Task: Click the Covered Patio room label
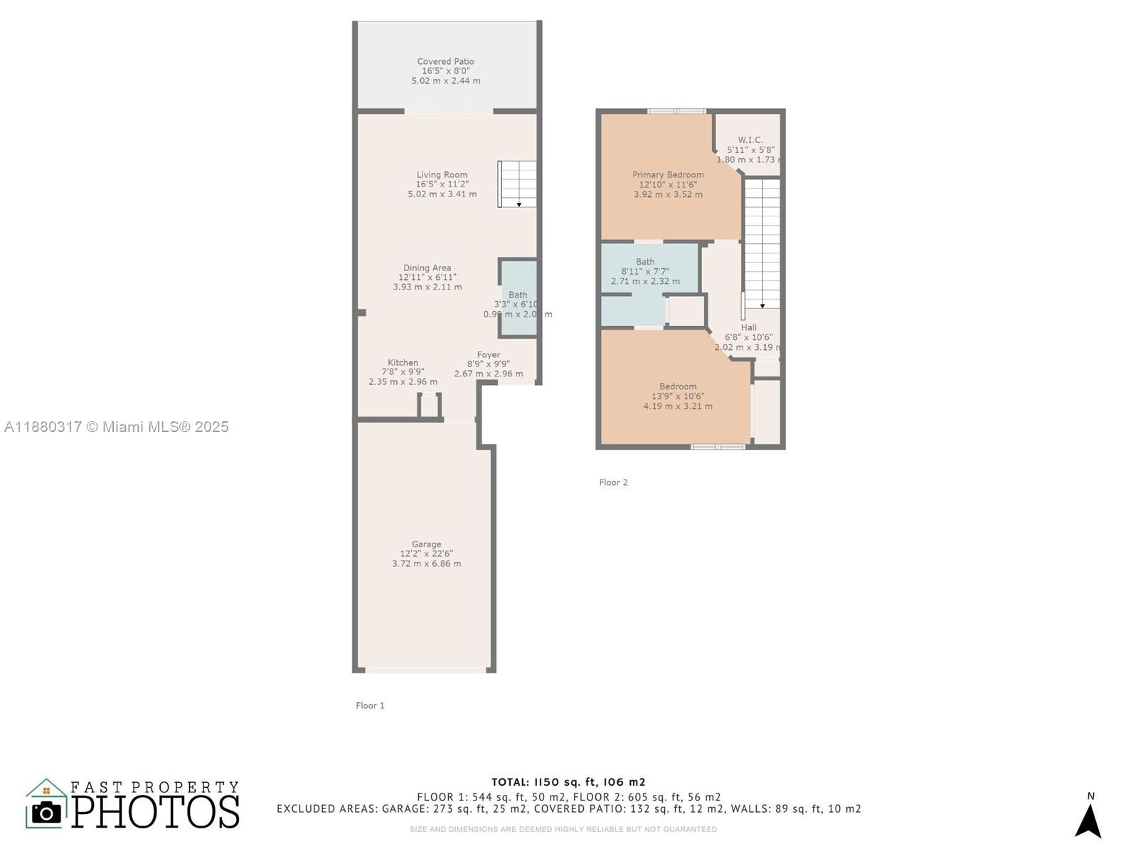point(445,62)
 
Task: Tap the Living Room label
point(442,174)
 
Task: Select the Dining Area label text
point(427,268)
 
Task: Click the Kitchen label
point(403,362)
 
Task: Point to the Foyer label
point(488,354)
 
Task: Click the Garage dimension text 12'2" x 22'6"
point(426,554)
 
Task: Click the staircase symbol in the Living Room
point(517,184)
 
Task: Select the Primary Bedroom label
point(668,174)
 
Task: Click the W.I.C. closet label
point(750,140)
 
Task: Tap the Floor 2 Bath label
point(645,262)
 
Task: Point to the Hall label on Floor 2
point(748,328)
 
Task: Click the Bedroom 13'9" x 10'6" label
point(678,386)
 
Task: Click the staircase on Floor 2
point(762,242)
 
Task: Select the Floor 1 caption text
point(370,705)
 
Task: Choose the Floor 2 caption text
point(613,483)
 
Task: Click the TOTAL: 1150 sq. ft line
point(568,781)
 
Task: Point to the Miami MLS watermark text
point(117,427)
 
